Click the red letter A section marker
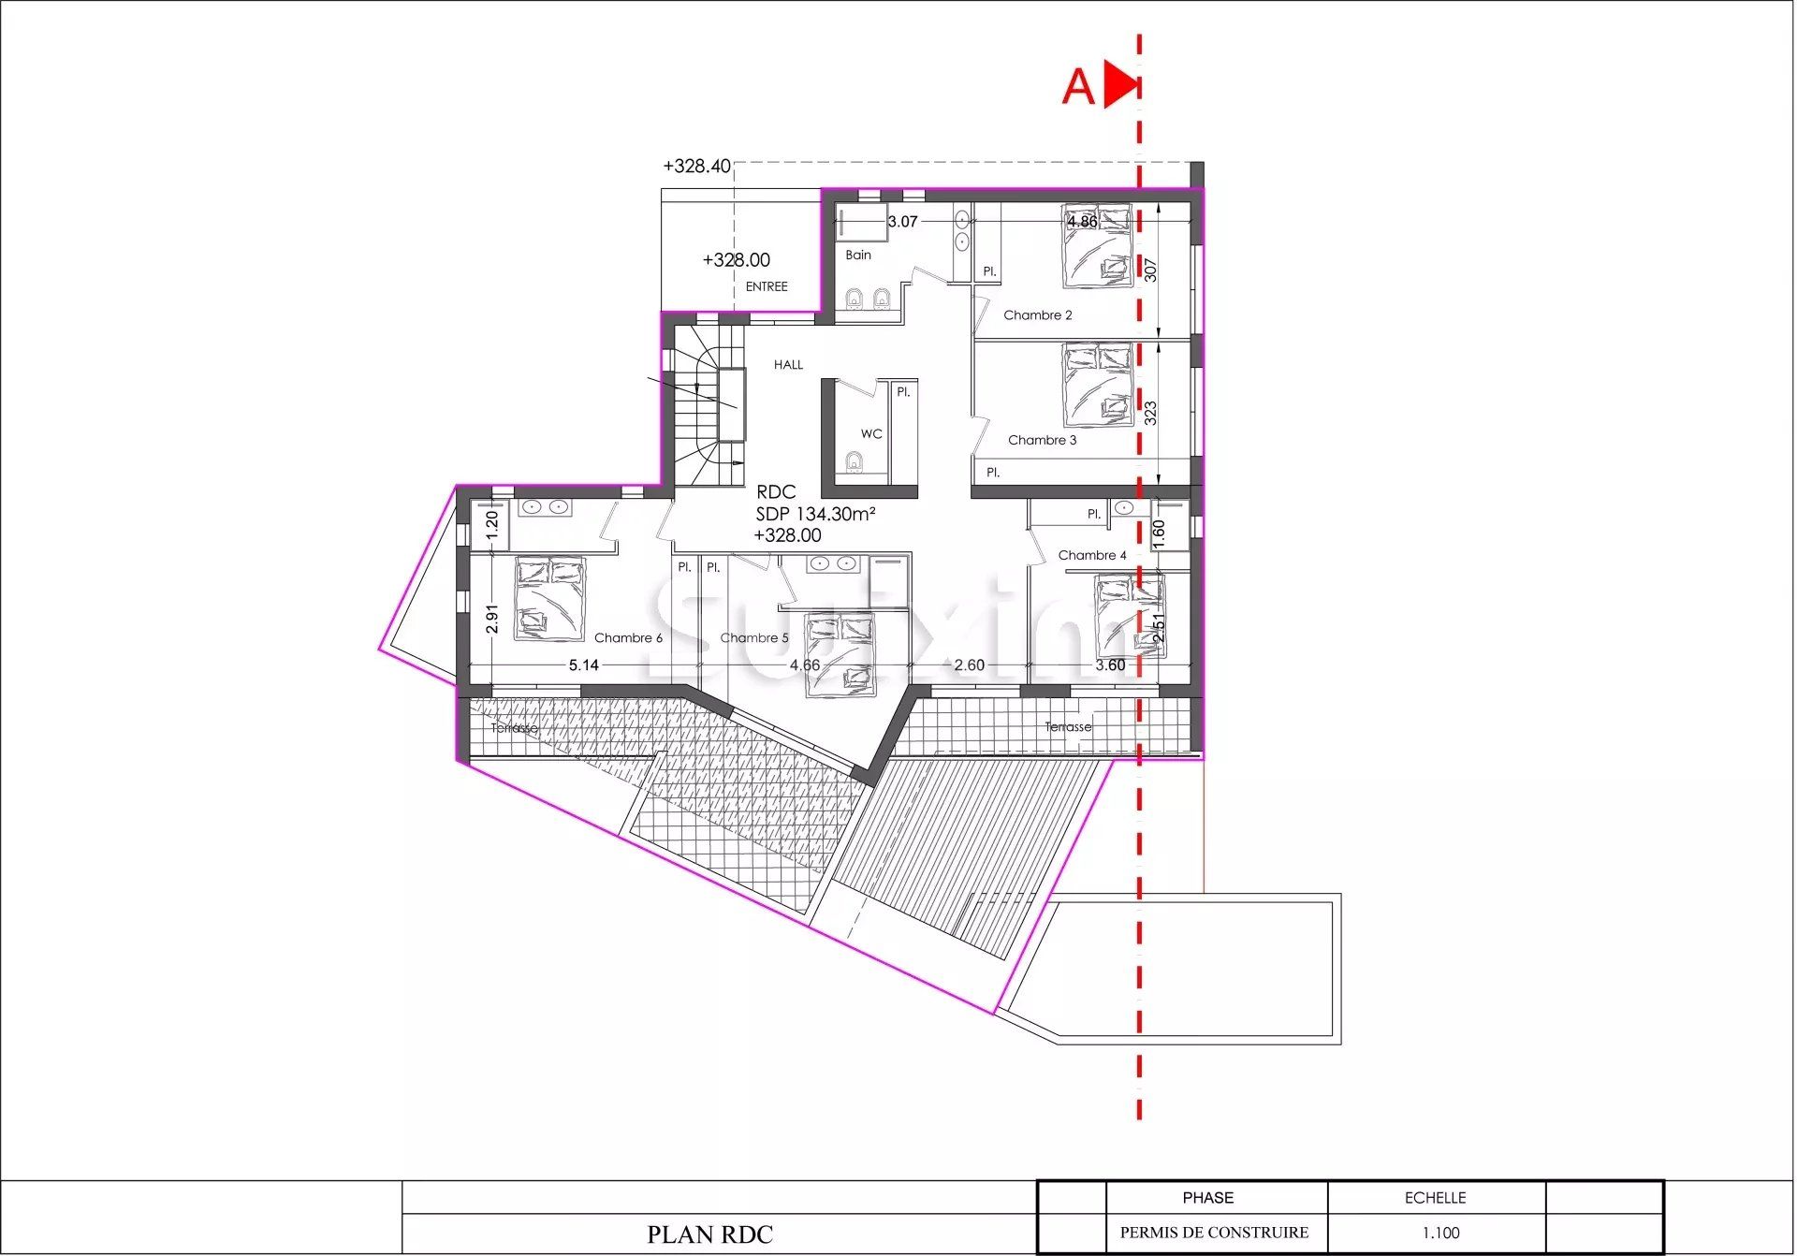(x=1078, y=86)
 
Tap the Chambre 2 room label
(x=1037, y=315)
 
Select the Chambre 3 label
(x=1042, y=440)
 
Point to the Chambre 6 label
(x=628, y=638)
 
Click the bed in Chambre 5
(x=840, y=655)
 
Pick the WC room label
(x=870, y=434)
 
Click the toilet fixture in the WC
(x=853, y=462)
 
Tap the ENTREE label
(x=767, y=287)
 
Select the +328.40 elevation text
(x=696, y=167)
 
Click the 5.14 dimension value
(x=583, y=665)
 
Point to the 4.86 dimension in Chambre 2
(x=1082, y=222)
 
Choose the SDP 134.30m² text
(x=815, y=514)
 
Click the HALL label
(x=788, y=365)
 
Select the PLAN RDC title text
(x=709, y=1234)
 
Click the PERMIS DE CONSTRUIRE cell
(x=1214, y=1233)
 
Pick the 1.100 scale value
(x=1439, y=1233)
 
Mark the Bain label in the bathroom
(x=857, y=255)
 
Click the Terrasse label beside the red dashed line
(x=1068, y=727)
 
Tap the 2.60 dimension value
(x=969, y=665)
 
